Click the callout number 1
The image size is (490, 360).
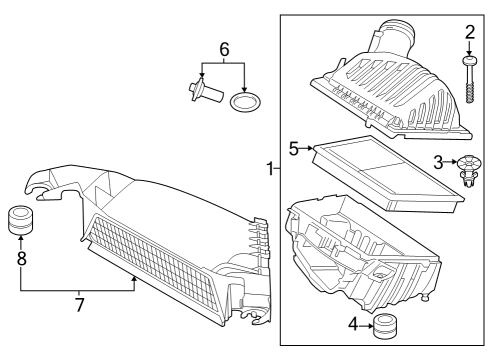(266, 171)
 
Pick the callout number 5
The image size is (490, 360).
(293, 150)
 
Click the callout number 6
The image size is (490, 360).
(224, 48)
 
